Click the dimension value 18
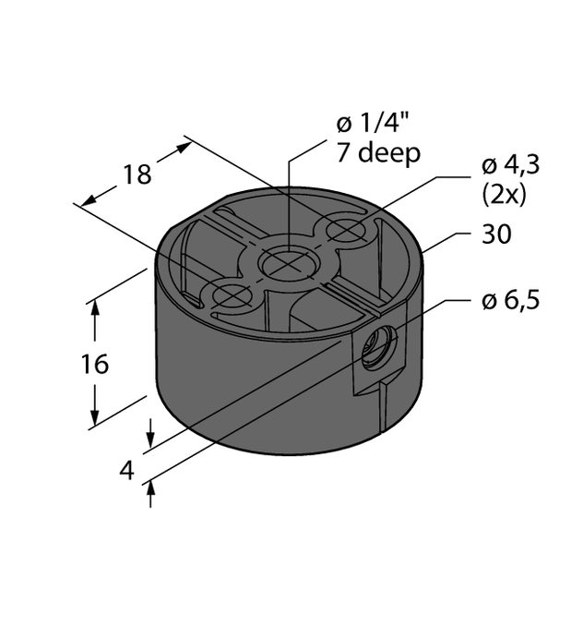(137, 174)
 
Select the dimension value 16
(94, 364)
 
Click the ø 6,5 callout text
(509, 300)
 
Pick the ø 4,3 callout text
(510, 167)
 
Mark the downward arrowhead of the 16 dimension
(94, 421)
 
